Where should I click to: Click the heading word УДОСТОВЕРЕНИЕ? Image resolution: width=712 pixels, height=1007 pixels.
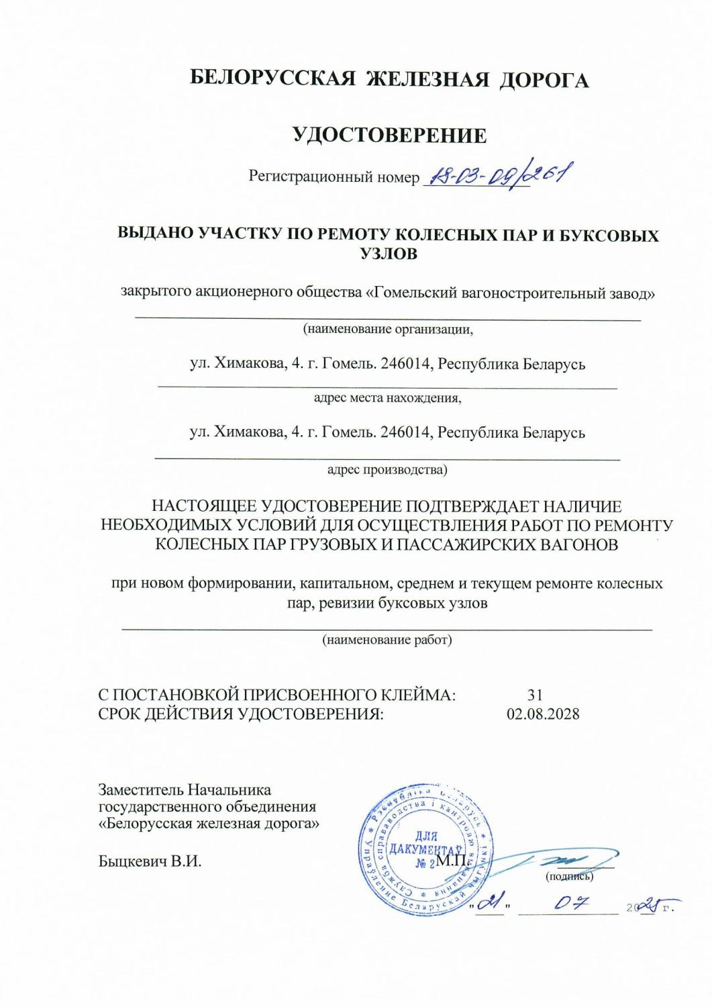coord(391,136)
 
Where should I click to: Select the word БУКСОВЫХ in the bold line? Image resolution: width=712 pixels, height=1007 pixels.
coord(612,236)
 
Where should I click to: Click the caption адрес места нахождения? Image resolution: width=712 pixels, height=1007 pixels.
coord(388,398)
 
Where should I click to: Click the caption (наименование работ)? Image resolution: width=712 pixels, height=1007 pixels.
coord(388,640)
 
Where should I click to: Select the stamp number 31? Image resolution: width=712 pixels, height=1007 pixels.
coord(535,695)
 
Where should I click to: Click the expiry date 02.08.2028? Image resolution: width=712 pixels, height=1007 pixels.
coord(543,714)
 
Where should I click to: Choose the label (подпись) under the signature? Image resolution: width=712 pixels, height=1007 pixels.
coord(569,876)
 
